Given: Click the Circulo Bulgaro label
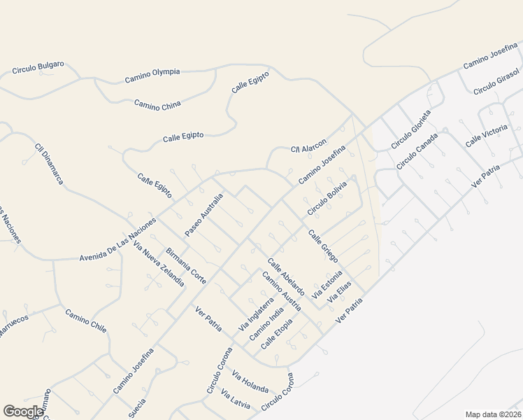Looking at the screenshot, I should coord(38,67).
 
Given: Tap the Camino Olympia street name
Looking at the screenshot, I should coord(152,75).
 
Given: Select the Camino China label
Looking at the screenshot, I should coord(157,105).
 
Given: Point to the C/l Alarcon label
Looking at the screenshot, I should coord(308,146).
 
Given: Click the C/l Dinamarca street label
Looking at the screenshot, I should coord(49,164).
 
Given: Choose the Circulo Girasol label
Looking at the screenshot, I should coord(496,82).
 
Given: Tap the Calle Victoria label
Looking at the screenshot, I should coord(486,134).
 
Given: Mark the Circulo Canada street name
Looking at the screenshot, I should coord(417,151).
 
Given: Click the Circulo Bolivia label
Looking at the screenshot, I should coord(327,198).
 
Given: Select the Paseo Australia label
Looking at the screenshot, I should coord(203,214).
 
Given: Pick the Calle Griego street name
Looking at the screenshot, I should coord(323,246).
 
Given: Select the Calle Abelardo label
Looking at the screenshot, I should coord(285,276).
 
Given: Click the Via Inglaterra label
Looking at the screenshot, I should coord(256,314).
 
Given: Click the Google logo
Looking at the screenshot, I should coord(23,412).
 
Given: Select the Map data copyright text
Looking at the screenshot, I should coord(492,414).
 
